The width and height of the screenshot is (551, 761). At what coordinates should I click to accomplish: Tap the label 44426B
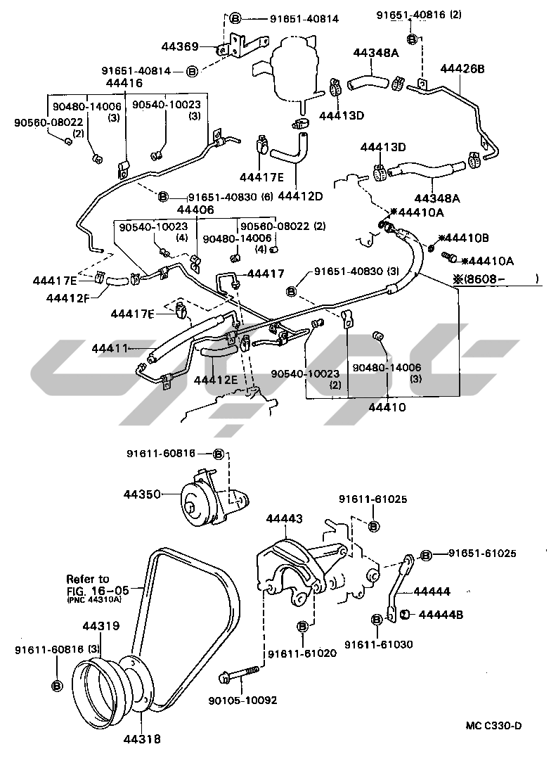pyautogui.click(x=463, y=68)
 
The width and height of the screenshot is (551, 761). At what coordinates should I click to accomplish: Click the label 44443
pyautogui.click(x=284, y=518)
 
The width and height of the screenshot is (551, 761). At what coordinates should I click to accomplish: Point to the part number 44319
pyautogui.click(x=101, y=625)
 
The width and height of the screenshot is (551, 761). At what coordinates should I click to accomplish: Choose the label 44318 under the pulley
pyautogui.click(x=142, y=738)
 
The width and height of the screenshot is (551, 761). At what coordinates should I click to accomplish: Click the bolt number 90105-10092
pyautogui.click(x=242, y=700)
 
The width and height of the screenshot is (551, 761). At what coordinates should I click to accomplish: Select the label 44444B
pyautogui.click(x=441, y=614)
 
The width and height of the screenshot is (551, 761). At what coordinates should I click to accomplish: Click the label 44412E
pyautogui.click(x=216, y=380)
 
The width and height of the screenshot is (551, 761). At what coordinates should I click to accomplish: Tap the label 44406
pyautogui.click(x=195, y=210)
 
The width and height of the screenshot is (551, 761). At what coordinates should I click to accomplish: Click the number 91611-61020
pyautogui.click(x=302, y=653)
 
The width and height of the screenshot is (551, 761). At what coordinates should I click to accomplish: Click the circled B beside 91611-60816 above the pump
pyautogui.click(x=218, y=454)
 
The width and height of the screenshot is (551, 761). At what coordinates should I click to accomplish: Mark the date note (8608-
pyautogui.click(x=495, y=279)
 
